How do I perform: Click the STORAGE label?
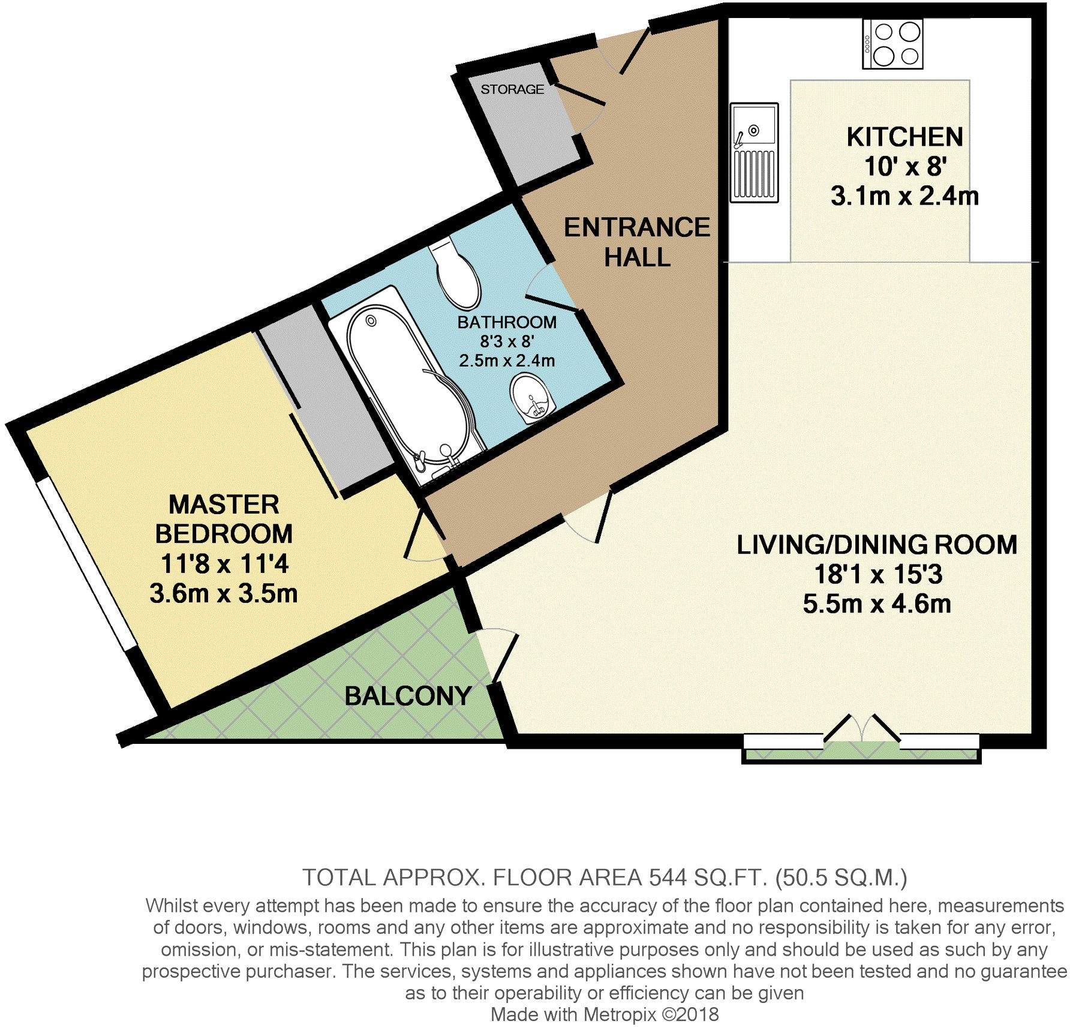[x=512, y=89]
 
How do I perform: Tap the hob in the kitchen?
[x=892, y=44]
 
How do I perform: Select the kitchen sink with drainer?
[x=755, y=152]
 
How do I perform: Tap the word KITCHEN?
[x=904, y=137]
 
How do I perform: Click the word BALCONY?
[x=408, y=696]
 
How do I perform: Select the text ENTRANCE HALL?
[x=637, y=242]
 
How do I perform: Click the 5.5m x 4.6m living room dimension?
[x=877, y=603]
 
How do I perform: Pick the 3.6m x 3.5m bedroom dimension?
[x=224, y=593]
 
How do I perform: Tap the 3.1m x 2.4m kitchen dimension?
[x=904, y=196]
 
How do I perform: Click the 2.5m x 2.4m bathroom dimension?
[x=507, y=361]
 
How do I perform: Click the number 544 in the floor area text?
[x=667, y=878]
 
